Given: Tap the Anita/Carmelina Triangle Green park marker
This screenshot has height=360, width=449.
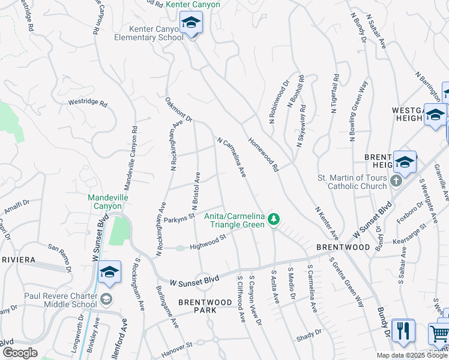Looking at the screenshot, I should pyautogui.click(x=274, y=220).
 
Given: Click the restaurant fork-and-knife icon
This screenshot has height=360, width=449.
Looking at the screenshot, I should pyautogui.click(x=403, y=332).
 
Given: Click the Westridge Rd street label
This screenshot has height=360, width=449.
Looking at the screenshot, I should pyautogui.click(x=88, y=103).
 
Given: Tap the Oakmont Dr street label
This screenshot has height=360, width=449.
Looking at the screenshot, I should pyautogui.click(x=178, y=110).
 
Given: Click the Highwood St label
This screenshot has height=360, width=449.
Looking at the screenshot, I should pyautogui.click(x=207, y=242).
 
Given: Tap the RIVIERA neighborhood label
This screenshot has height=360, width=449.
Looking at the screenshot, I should pyautogui.click(x=20, y=260).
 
